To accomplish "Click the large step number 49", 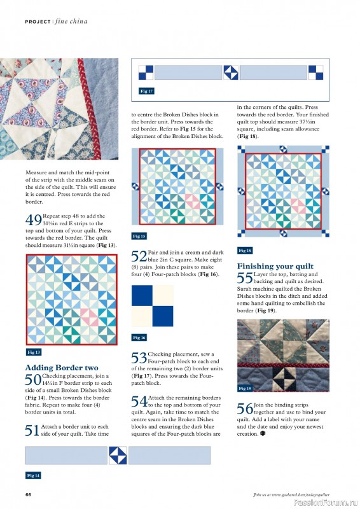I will point(33,220).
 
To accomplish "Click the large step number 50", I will point(33,380).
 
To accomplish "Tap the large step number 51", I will point(33,430).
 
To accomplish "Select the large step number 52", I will point(139,256).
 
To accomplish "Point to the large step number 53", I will point(139,358).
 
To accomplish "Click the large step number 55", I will point(245,278).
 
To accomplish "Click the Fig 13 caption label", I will point(34,352).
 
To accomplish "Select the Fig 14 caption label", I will point(34,475).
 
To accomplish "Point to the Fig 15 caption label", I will point(139,236).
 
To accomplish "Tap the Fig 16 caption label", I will point(139,337).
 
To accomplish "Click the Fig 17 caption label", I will point(146,91).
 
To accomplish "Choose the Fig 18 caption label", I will point(245,251).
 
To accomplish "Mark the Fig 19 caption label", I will point(245,388).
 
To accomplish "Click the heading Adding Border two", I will point(62,368).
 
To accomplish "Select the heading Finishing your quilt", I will point(275,266).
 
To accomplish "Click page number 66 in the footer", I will point(29,494).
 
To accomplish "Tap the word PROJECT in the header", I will point(38,22).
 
